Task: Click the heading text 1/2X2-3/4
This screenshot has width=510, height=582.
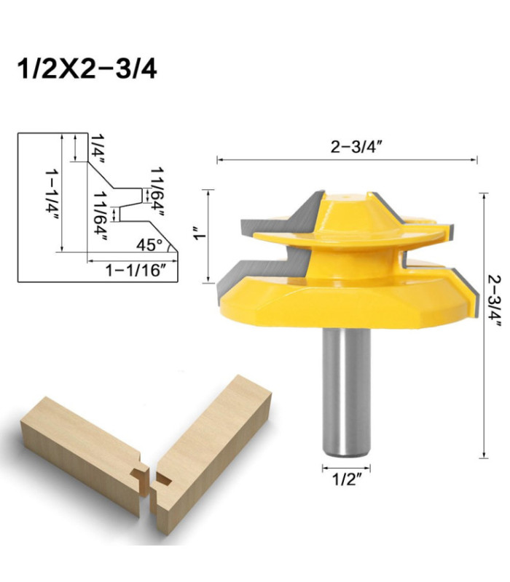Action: click(x=87, y=69)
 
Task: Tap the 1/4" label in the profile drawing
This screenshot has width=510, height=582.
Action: click(x=98, y=149)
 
